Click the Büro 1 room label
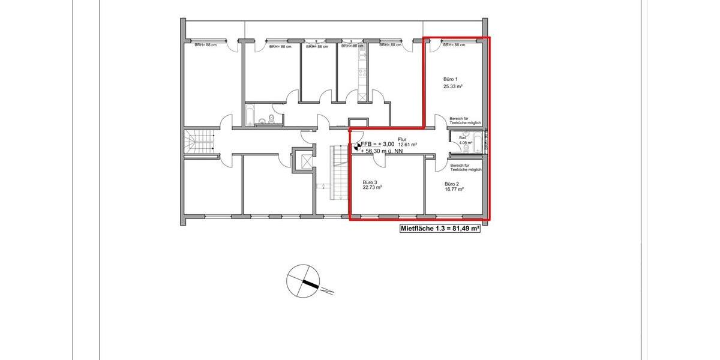click(x=451, y=79)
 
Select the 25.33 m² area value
click(x=453, y=86)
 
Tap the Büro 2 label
click(x=452, y=184)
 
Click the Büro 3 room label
click(x=370, y=182)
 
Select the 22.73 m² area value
click(x=372, y=188)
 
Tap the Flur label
click(x=402, y=139)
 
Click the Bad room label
click(x=462, y=138)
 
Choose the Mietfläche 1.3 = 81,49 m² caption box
click(x=440, y=229)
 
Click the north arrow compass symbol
click(x=303, y=281)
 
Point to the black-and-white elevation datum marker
click(x=356, y=145)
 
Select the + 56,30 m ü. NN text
click(x=382, y=152)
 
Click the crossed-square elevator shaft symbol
click(x=304, y=162)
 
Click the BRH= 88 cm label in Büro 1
click(x=454, y=45)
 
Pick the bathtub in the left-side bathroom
click(x=250, y=116)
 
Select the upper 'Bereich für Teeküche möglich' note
click(x=466, y=121)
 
